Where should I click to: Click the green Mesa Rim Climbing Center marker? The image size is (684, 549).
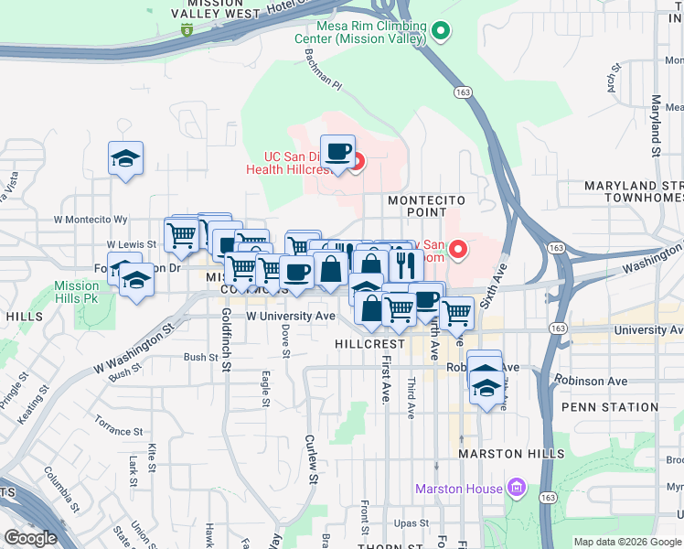coord(442,32)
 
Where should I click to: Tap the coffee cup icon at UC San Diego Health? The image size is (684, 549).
coord(337,151)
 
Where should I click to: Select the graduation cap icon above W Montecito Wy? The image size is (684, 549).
coord(125,158)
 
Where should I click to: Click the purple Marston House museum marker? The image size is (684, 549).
coord(518,487)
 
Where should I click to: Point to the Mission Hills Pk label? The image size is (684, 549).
coord(77,292)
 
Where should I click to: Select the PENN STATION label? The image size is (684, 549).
coord(610,407)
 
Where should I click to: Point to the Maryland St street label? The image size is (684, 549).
coord(656,124)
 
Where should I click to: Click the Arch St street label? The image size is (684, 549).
coord(612,81)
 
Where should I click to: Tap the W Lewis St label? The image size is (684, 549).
coord(132,245)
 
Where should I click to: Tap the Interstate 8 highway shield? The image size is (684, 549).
coord(187,29)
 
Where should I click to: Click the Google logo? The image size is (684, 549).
coord(30,538)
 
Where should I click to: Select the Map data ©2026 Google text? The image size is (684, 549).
coord(626,542)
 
